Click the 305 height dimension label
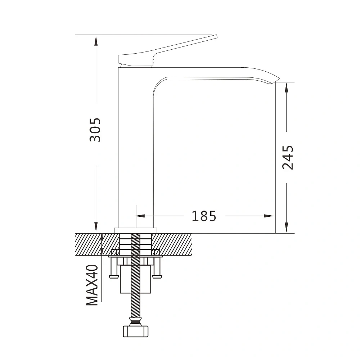pyautogui.click(x=95, y=130)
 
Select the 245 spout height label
pyautogui.click(x=288, y=158)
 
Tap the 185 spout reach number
pyautogui.click(x=204, y=216)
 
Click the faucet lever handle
pyautogui.click(x=161, y=52)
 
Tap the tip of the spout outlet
pyautogui.click(x=280, y=78)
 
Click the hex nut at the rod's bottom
pyautogui.click(x=136, y=331)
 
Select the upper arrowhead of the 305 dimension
pyautogui.click(x=96, y=41)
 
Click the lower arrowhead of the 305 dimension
pyautogui.click(x=96, y=227)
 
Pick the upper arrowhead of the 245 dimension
pyautogui.click(x=286, y=88)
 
